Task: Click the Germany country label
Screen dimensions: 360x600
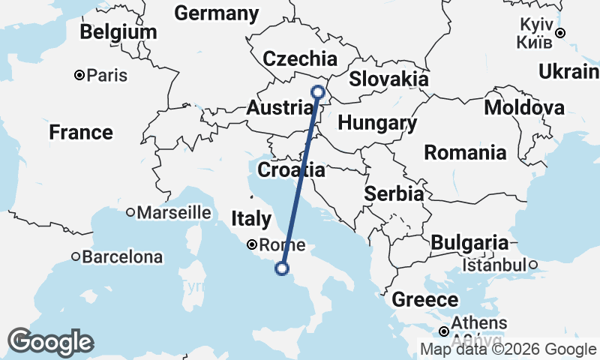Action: coord(216,13)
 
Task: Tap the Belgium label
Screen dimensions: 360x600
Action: coord(118,32)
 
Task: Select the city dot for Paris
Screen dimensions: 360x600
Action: coord(79,75)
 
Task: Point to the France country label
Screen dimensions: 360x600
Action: coord(81,133)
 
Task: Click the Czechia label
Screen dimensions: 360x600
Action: coord(300,59)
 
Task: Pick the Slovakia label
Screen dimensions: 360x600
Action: coord(388,79)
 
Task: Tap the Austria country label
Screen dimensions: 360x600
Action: coord(279,109)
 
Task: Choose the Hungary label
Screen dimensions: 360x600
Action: coord(377,123)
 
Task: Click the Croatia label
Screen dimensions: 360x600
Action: coord(291,170)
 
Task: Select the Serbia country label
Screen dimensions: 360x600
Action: coord(394,193)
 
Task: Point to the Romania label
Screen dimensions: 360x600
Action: coord(465,153)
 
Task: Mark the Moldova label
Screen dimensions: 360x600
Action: coord(524,108)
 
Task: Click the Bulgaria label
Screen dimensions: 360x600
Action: coord(469,242)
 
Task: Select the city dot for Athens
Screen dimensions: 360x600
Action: coord(444,331)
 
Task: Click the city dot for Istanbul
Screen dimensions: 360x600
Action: coord(532,265)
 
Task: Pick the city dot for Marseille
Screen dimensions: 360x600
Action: coord(130,212)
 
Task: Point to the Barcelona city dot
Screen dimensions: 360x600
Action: coord(76,256)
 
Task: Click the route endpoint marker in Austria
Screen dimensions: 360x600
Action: coord(317,92)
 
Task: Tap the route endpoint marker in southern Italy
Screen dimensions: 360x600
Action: coord(282,268)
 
